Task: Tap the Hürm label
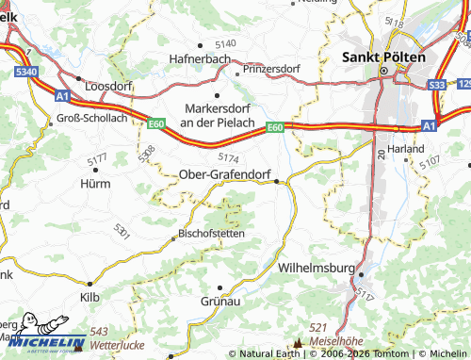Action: pos(94,183)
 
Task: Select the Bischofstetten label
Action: pos(213,233)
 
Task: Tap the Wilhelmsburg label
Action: pos(317,269)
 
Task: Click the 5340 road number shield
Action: pos(27,71)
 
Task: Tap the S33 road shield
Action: pos(436,85)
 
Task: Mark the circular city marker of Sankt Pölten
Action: pos(384,71)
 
